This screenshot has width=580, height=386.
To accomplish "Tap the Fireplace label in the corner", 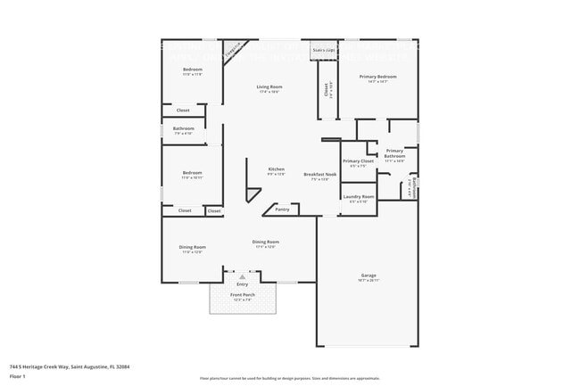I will [x=235, y=51].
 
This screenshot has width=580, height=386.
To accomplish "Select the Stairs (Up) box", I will [x=323, y=50].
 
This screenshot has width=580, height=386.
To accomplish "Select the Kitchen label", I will [x=277, y=169].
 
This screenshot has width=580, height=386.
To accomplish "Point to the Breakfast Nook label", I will [x=319, y=175].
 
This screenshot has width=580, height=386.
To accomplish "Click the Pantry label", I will [x=282, y=209].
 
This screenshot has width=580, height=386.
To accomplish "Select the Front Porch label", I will [x=242, y=294].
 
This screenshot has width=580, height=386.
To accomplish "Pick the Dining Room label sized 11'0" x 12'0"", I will [x=193, y=247].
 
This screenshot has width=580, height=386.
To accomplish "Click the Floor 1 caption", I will [x=18, y=377].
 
